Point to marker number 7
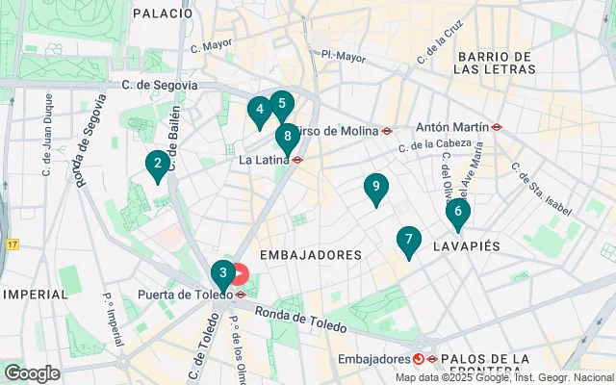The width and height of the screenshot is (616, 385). pos(409,241)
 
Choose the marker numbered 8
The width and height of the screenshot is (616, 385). pos(287,138)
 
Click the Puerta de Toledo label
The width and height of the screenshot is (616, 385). pos(183,295)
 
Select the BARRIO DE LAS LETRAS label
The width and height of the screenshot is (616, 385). pos(498,64)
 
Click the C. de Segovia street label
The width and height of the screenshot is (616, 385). pos(160,85)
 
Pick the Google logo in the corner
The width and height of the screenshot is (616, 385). pos(32,372)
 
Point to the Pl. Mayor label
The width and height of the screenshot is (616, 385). pos(344,57)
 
